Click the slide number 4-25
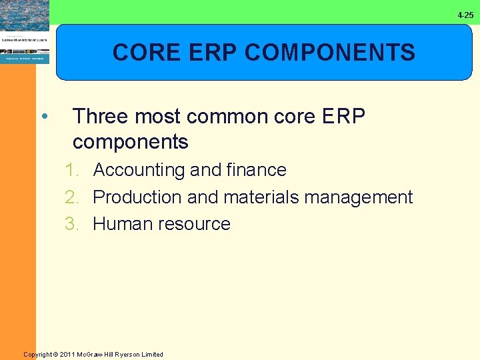(x=465, y=15)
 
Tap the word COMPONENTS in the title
(x=330, y=52)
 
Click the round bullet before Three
(x=43, y=117)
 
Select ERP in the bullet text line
(x=343, y=117)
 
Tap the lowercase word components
(x=131, y=142)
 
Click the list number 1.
(x=71, y=170)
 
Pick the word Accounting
(x=139, y=170)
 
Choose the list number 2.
(x=71, y=197)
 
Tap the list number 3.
(x=71, y=224)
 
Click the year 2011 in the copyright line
(x=67, y=355)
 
